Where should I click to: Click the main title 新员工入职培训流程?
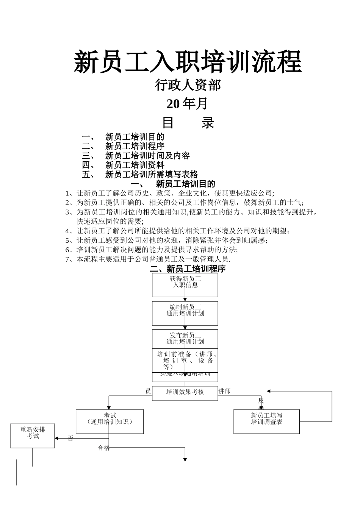(x=188, y=62)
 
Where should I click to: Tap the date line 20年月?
(x=187, y=103)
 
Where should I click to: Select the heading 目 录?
(x=188, y=123)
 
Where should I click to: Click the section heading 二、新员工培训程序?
(x=188, y=269)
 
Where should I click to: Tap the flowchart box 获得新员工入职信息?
(x=185, y=285)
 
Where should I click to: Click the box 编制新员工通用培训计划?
(x=185, y=313)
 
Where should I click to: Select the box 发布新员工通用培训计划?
(x=185, y=338)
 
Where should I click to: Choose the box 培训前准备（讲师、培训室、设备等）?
(x=185, y=360)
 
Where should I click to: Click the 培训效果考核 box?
(x=185, y=392)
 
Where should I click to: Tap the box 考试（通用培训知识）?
(x=110, y=421)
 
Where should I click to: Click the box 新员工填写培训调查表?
(x=266, y=421)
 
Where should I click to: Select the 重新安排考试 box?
(x=33, y=436)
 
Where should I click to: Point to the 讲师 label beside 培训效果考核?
(x=224, y=391)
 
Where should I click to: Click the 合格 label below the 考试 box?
(x=103, y=448)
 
